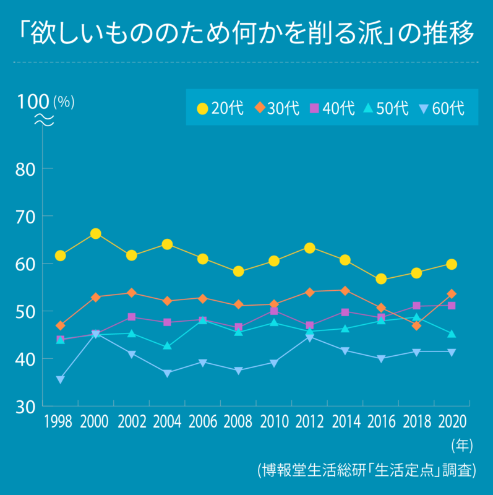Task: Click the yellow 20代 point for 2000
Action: point(96,234)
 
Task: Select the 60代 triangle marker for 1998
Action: point(60,379)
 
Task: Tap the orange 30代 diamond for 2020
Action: point(452,294)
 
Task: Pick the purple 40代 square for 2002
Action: point(131,317)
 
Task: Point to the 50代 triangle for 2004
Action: point(167,346)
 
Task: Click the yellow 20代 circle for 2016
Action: point(380,279)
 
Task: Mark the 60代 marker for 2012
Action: point(309,337)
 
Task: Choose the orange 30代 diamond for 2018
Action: point(416,325)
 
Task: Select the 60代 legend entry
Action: point(440,108)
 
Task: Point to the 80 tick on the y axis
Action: point(25,169)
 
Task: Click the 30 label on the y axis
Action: point(25,407)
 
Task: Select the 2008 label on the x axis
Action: point(238,423)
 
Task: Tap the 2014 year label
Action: point(345,423)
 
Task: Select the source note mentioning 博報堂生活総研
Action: point(366,469)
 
